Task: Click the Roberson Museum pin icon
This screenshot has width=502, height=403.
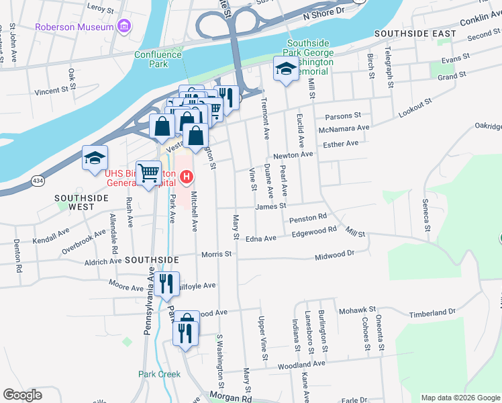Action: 123,28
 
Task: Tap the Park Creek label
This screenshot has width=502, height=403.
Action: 159,374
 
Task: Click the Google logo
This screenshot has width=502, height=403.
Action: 23,395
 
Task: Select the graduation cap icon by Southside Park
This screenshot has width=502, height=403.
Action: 285,69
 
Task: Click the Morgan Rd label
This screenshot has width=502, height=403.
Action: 230,398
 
